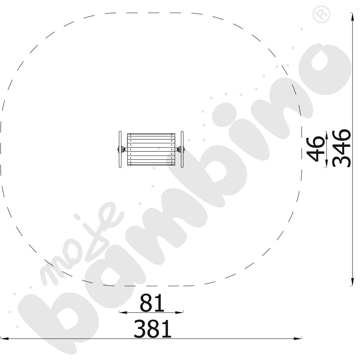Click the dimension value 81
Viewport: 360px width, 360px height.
pos(152,303)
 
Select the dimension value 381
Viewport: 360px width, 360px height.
pos(153,329)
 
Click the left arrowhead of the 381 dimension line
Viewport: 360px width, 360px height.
pos(5,339)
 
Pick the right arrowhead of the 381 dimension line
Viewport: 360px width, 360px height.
pos(298,338)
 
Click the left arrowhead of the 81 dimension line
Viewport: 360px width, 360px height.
pos(123,312)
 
